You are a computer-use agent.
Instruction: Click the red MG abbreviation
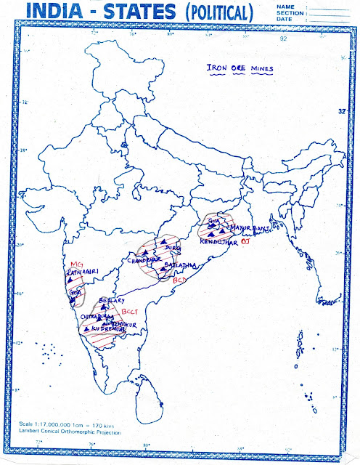[78, 263]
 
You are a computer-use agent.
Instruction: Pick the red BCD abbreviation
[181, 278]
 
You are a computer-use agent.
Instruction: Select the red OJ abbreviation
[245, 240]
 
